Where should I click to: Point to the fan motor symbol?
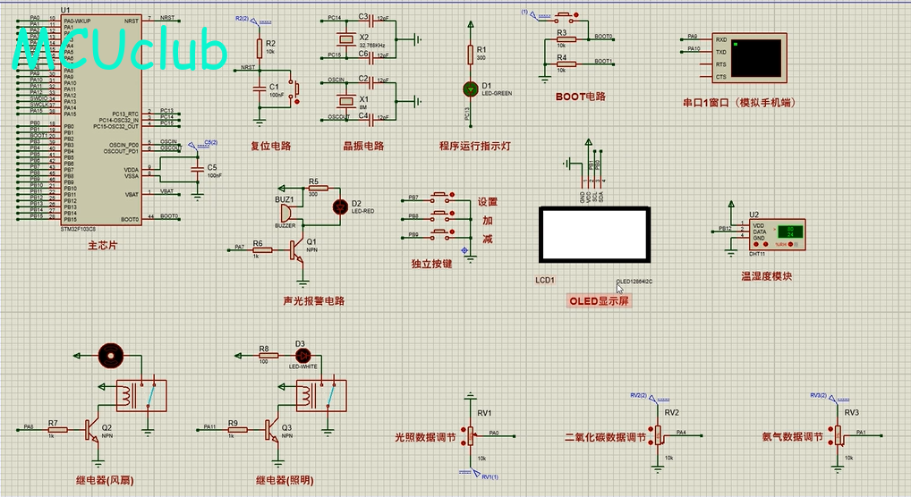coord(111,354)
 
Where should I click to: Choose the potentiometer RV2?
coord(659,434)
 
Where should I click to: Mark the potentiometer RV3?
coord(839,434)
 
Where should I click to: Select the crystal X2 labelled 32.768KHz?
coord(343,39)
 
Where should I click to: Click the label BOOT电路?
coord(580,97)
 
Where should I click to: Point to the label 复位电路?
coord(270,146)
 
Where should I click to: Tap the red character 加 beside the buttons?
coord(488,221)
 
